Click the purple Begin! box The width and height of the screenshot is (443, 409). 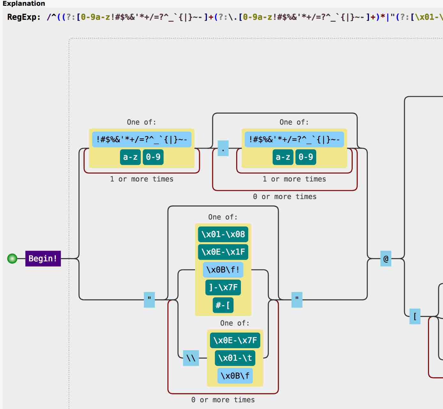[x=43, y=259]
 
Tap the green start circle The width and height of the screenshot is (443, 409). [x=12, y=259]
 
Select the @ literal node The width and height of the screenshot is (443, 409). [x=386, y=259]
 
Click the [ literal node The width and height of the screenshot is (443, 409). [x=415, y=316]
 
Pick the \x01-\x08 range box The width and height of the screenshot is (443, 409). [x=223, y=234]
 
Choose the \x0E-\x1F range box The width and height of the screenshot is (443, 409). [x=223, y=252]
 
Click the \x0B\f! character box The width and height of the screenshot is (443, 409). [x=223, y=270]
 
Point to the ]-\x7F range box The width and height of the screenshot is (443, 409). [x=223, y=287]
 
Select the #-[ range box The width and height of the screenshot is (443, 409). [x=223, y=305]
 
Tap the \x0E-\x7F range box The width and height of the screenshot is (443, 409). [x=235, y=340]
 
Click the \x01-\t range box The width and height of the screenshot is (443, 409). [x=235, y=358]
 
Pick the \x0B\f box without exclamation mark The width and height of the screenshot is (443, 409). [x=235, y=376]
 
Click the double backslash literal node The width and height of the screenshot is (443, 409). [x=191, y=358]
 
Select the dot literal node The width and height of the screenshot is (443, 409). [x=223, y=148]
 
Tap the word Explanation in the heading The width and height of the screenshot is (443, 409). [x=24, y=4]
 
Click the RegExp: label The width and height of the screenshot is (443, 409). [x=24, y=17]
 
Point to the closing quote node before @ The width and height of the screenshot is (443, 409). [x=297, y=300]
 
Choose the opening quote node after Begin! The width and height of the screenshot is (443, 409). [x=149, y=300]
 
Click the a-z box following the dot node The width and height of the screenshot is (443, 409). [x=283, y=157]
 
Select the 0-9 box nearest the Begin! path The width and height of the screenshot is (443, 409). [x=153, y=157]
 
